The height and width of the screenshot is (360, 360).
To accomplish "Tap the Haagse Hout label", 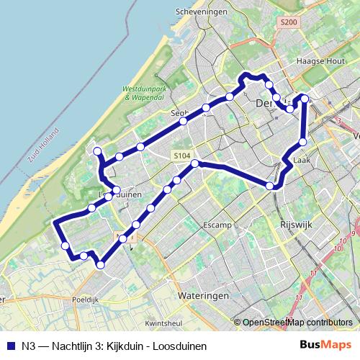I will (317, 61).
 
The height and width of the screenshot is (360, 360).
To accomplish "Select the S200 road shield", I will (289, 22).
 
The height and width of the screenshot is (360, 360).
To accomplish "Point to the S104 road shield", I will (181, 156).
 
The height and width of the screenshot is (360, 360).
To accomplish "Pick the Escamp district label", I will (217, 225).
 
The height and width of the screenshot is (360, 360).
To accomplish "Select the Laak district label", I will (302, 161).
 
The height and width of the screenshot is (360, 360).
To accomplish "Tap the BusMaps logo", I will (325, 345).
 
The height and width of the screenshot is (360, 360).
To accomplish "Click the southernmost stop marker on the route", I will (100, 265).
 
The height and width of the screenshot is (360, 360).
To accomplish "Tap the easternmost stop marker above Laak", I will (304, 99).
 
